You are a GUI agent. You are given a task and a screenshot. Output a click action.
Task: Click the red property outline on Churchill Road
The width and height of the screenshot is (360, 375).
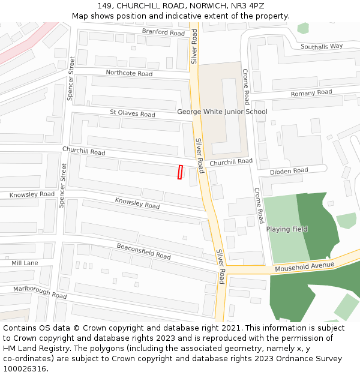tap(180, 172)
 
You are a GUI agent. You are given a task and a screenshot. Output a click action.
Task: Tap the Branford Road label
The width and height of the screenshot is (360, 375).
tap(163, 32)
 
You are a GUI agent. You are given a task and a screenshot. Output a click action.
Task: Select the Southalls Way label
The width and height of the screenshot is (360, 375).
tap(322, 46)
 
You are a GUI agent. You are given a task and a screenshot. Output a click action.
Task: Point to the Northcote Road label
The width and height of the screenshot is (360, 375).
tap(129, 73)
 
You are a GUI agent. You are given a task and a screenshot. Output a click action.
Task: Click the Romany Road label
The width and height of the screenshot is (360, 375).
tap(311, 93)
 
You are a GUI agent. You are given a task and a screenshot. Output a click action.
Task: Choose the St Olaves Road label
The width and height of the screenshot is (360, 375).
tap(132, 113)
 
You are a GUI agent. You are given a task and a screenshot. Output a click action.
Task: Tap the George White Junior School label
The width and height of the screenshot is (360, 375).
tap(222, 112)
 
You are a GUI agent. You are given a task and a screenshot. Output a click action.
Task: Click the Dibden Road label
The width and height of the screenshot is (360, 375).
tap(289, 171)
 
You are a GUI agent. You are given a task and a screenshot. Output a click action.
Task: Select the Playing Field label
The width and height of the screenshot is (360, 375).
tap(287, 229)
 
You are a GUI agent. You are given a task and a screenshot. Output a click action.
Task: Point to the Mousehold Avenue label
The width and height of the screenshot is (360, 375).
tap(304, 266)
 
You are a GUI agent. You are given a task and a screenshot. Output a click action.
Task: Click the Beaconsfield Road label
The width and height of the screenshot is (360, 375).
tap(143, 251)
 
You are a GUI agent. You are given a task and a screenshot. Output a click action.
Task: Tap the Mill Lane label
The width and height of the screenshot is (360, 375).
tap(25, 263)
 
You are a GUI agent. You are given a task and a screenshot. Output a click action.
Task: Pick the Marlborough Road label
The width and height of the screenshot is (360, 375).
tap(40, 292)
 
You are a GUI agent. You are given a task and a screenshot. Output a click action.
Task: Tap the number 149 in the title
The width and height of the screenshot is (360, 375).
tap(106, 6)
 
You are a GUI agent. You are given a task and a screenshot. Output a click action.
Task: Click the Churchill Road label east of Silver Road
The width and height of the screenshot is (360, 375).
tap(231, 161)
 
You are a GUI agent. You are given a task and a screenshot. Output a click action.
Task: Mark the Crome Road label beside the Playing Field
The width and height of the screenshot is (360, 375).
tap(259, 206)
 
